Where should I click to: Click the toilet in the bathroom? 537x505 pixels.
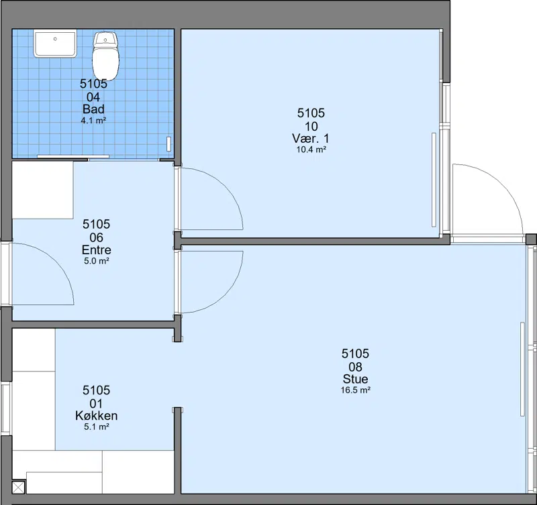point(105,56)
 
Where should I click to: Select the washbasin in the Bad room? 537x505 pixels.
point(55,44)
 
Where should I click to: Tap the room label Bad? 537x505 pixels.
point(93,109)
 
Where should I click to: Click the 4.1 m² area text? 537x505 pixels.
point(93,121)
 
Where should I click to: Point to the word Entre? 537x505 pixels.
point(97,249)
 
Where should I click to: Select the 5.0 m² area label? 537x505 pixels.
point(97,261)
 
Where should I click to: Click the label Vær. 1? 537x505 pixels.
point(311,139)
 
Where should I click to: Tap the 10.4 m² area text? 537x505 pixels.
point(311,150)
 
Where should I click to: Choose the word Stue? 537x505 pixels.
point(356,379)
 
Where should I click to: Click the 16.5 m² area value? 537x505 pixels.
point(356,390)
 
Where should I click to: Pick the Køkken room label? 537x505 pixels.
point(97,416)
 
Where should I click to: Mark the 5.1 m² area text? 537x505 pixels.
point(97,427)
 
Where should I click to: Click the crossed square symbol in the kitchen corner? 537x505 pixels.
point(19,487)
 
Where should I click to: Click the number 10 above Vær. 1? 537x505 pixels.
point(311,127)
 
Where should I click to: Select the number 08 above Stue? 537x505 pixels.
point(356,367)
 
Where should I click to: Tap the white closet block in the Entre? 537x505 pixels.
point(43,190)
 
